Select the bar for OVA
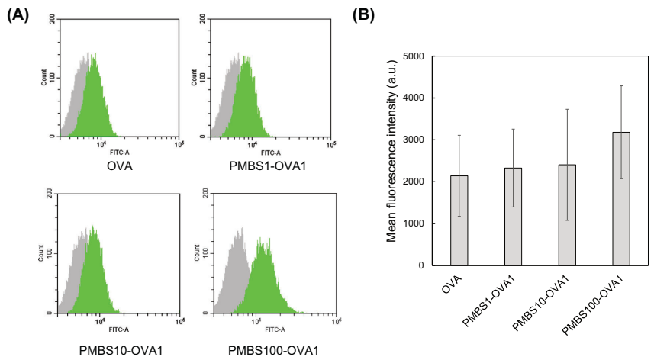pos(459,220)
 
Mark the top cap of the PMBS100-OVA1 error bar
pos(620,86)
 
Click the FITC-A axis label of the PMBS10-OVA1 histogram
pos(118,329)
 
